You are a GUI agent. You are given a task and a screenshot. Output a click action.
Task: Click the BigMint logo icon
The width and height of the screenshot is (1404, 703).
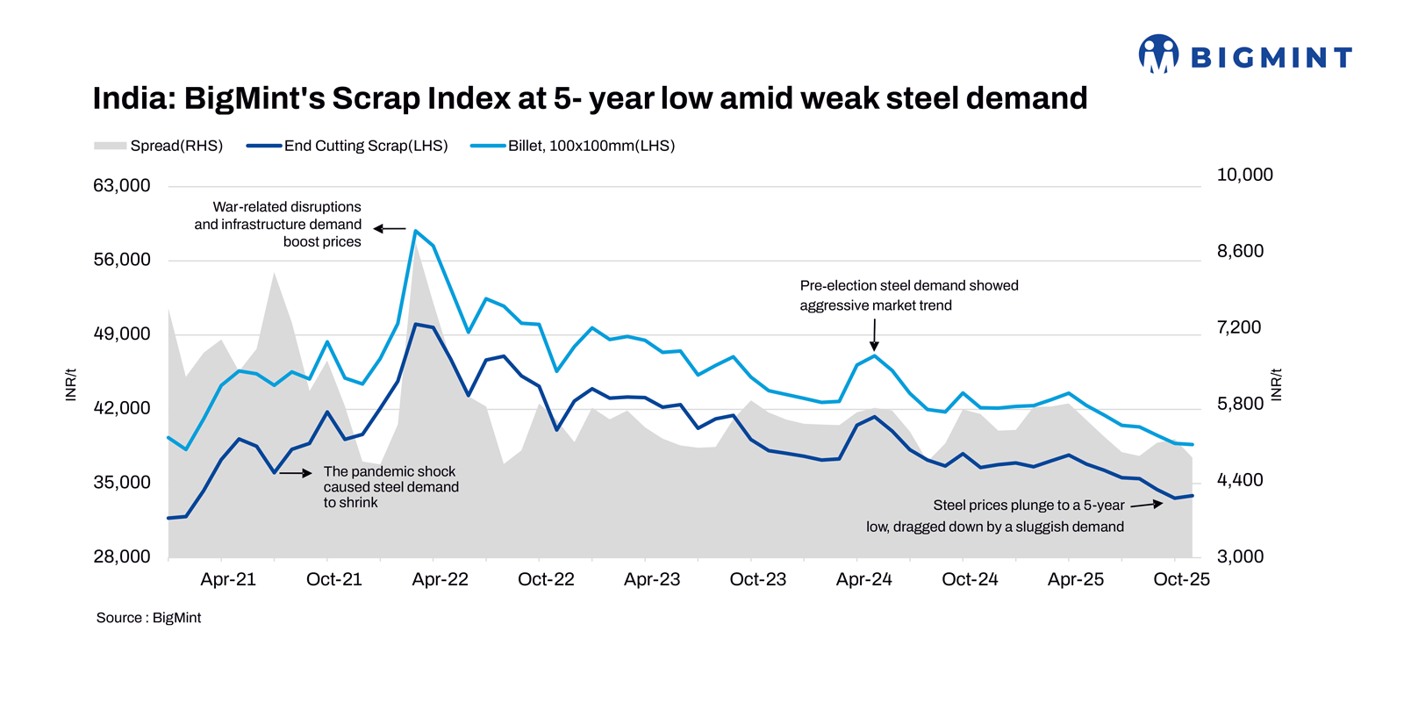(x=1158, y=54)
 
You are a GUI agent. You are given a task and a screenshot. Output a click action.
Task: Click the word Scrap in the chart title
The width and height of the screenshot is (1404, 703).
(x=376, y=98)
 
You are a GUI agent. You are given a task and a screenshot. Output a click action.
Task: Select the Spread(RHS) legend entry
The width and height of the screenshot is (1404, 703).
(x=159, y=146)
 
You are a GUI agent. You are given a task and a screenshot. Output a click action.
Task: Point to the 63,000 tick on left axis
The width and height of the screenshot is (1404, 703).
(x=122, y=186)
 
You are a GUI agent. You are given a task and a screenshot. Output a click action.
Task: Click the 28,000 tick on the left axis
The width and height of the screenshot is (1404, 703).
(x=122, y=556)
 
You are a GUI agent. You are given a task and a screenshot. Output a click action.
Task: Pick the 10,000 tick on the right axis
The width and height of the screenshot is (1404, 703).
(x=1244, y=175)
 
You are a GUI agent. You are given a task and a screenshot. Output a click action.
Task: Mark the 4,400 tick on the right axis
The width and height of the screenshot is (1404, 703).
(x=1240, y=480)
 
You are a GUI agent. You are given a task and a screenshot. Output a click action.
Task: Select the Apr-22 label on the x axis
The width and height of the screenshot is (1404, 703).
(x=440, y=579)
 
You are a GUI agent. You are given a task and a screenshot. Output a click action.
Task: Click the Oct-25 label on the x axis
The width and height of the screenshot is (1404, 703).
(x=1181, y=579)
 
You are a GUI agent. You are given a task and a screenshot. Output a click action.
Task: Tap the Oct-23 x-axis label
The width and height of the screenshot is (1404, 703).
(x=757, y=579)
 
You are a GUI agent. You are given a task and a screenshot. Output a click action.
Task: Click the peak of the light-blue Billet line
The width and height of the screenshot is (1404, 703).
(x=416, y=231)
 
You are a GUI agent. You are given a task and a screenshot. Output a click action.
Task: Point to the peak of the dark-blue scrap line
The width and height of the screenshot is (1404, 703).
(x=416, y=325)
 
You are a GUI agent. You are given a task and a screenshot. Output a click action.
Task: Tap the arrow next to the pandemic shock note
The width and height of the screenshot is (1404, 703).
(x=296, y=473)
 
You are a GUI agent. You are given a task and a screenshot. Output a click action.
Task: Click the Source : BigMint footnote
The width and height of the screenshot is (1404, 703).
(x=148, y=618)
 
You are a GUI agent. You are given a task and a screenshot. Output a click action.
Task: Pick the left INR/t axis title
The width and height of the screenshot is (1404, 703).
(x=71, y=384)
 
